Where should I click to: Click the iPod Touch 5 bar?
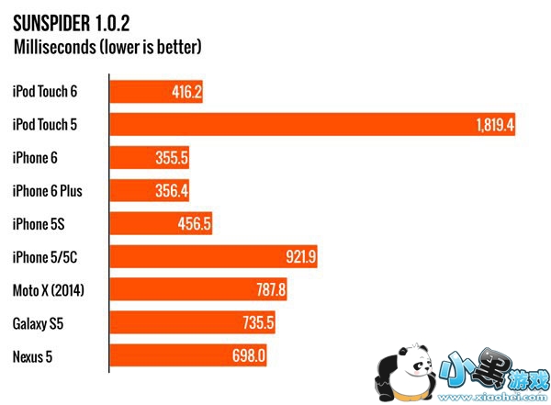312,125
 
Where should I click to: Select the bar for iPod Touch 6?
157,92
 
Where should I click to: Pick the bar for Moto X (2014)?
201,290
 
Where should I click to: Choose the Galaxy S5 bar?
193,323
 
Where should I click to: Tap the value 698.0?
247,356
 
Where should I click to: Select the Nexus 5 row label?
35,356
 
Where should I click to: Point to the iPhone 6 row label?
35,158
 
